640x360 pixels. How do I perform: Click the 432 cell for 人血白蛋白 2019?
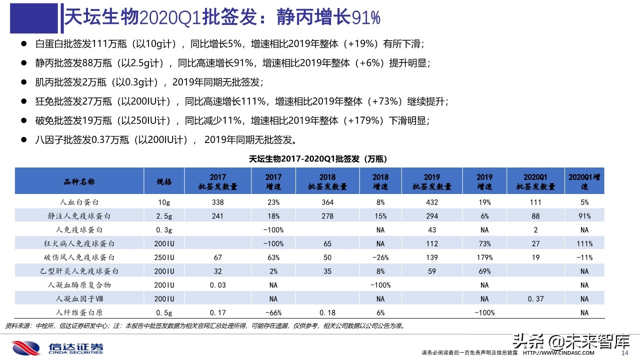click(431, 202)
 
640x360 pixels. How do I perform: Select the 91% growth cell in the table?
click(585, 216)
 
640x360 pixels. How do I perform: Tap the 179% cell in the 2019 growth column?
click(484, 257)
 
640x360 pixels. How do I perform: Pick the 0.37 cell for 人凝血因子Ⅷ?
click(535, 299)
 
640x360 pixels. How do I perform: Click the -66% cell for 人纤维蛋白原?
click(273, 313)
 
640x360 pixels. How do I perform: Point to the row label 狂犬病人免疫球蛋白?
click(80, 244)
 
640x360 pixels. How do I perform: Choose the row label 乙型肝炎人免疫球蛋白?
click(80, 271)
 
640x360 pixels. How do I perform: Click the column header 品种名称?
click(79, 181)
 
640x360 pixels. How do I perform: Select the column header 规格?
click(164, 181)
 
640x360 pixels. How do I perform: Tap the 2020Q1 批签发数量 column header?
click(535, 181)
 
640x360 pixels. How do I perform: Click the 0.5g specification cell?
click(164, 313)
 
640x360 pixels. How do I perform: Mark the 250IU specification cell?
click(164, 257)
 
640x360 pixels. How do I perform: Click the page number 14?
click(624, 353)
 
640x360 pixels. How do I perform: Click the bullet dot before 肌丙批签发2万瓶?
click(23, 82)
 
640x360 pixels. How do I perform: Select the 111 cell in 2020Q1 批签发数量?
click(535, 202)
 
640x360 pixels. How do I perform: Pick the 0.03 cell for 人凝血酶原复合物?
click(218, 285)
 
